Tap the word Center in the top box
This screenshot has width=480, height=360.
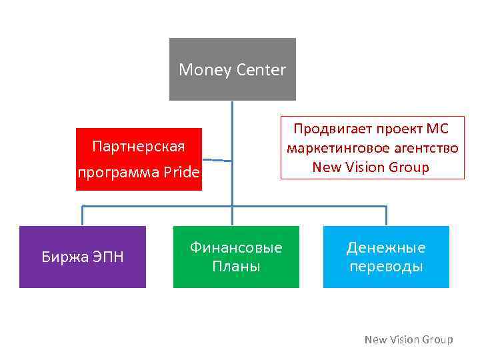[260, 69]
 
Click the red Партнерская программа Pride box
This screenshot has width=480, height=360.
[139, 159]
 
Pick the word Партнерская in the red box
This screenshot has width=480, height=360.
[139, 146]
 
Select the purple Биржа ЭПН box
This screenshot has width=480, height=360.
[82, 257]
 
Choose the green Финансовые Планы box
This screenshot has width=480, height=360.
[236, 257]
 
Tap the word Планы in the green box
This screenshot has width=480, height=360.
[236, 267]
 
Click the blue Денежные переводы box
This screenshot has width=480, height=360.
[386, 257]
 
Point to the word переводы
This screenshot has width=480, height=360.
[386, 267]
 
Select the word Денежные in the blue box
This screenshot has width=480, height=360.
[386, 248]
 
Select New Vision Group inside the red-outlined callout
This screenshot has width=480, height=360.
[371, 167]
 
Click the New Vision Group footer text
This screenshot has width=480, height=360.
[408, 340]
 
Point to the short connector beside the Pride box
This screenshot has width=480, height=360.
[217, 160]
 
